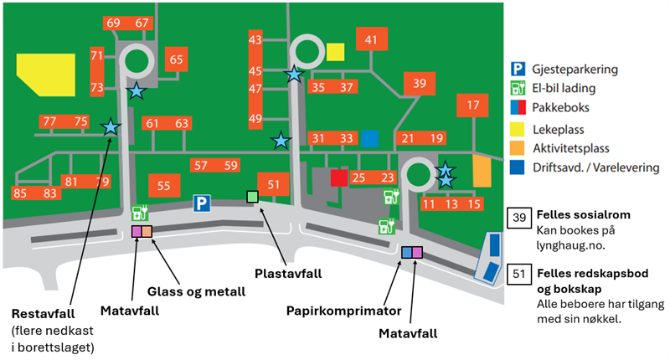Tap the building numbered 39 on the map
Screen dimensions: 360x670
(420, 83)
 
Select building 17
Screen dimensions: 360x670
(473, 105)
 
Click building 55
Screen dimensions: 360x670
(164, 186)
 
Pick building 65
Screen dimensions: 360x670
(175, 60)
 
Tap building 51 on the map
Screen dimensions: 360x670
(272, 186)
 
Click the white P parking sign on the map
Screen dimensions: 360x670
(201, 203)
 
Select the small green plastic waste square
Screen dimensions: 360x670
(253, 197)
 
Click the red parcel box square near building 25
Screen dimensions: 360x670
(339, 177)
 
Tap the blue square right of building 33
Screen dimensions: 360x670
(369, 138)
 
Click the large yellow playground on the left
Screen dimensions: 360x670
(47, 74)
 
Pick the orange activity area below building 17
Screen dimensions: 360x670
(482, 170)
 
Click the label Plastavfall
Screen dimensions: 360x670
(288, 273)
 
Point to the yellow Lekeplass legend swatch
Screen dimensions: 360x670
(519, 129)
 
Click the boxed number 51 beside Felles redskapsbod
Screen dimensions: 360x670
(518, 272)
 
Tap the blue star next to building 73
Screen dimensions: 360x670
(136, 91)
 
